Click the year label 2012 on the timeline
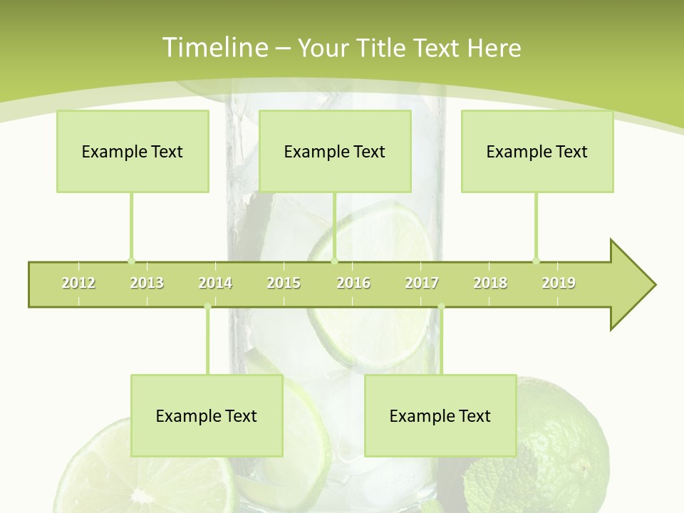(78, 283)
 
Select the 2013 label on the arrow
(147, 283)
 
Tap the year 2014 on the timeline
(215, 283)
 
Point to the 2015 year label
(284, 283)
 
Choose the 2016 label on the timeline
(353, 283)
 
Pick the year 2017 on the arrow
(422, 283)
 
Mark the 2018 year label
(490, 283)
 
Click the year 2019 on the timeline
(559, 283)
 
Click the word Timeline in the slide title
(214, 48)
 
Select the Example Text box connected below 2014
(207, 415)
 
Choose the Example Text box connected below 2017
(440, 415)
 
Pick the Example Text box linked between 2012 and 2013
(133, 151)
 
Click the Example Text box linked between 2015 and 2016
(335, 151)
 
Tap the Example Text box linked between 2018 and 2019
(537, 151)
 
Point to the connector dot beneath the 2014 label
(207, 307)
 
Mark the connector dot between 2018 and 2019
(537, 261)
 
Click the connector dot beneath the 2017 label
(441, 307)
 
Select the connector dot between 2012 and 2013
(131, 261)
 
